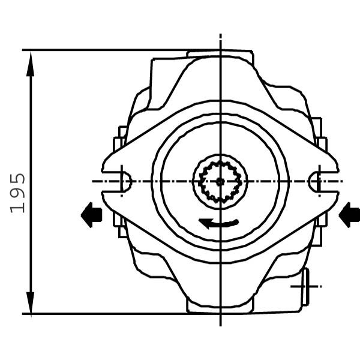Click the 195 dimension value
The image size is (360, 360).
17,193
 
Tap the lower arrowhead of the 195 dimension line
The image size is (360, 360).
31,302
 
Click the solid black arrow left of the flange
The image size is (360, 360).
91,215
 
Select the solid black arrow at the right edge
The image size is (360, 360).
349,215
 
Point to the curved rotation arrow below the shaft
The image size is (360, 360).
218,223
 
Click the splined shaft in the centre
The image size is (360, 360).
220,182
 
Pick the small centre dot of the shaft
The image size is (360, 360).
220,182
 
